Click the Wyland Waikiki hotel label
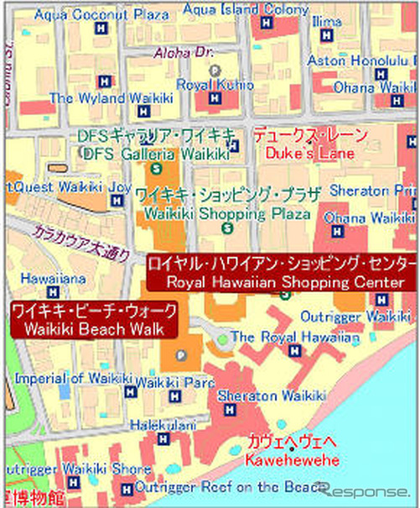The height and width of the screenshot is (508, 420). [x=99, y=98]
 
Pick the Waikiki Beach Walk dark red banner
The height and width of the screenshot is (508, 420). [x=94, y=319]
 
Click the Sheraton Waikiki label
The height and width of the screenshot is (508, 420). [x=259, y=395]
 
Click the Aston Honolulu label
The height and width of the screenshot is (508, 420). [x=362, y=60]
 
